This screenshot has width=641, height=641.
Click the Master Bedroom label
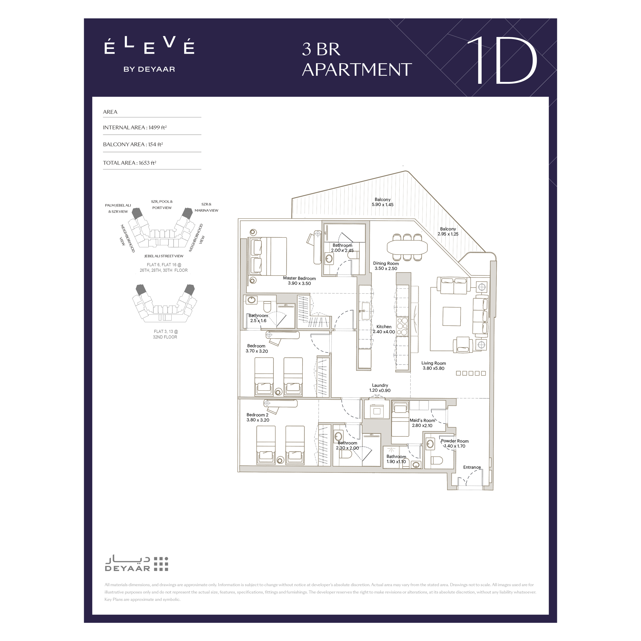tap(299, 278)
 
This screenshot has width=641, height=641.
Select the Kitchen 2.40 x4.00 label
tap(384, 329)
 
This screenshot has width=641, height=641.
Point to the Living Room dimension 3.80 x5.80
tap(433, 368)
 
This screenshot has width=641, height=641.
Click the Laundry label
tap(380, 385)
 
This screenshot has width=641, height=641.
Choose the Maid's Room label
tap(422, 420)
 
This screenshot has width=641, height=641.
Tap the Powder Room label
tap(455, 441)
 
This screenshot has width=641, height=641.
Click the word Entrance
tap(472, 467)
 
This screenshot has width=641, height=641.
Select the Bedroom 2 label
tap(257, 415)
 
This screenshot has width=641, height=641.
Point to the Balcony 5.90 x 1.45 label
tap(383, 202)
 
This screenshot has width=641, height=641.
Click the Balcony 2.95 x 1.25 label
tap(448, 231)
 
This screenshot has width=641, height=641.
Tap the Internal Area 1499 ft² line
tap(135, 127)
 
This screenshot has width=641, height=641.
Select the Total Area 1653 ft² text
tap(129, 163)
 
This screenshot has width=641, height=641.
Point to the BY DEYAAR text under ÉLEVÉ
tap(149, 69)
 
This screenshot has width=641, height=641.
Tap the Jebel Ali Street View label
tap(164, 256)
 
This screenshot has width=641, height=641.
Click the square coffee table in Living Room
tap(452, 316)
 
